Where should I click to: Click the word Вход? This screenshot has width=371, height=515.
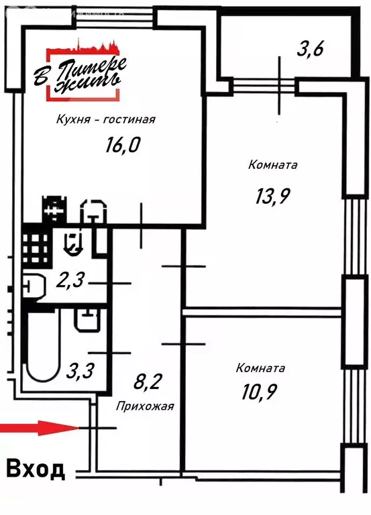[x=35, y=469]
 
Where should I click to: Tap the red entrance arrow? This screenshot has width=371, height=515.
[x=40, y=428]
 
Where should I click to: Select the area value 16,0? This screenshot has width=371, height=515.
[x=123, y=145]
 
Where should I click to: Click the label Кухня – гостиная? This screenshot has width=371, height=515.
[x=105, y=119]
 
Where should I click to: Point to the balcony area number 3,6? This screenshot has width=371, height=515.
[x=310, y=48]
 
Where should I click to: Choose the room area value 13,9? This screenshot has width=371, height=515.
[x=272, y=196]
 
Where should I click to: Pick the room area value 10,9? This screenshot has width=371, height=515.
[x=259, y=391]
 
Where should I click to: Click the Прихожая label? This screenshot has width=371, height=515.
[x=145, y=406]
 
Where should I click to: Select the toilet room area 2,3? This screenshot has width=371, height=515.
[x=70, y=280]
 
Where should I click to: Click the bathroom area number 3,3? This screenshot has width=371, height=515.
[x=81, y=370]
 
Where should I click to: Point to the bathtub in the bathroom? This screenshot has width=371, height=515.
[x=43, y=347]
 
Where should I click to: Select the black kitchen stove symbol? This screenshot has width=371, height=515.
[x=54, y=209]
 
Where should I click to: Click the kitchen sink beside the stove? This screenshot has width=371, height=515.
[x=94, y=211]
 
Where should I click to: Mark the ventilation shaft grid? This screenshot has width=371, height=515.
[x=36, y=249]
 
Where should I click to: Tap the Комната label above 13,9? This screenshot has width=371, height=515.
[x=273, y=164]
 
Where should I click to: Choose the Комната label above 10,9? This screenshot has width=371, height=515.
[x=260, y=368]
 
